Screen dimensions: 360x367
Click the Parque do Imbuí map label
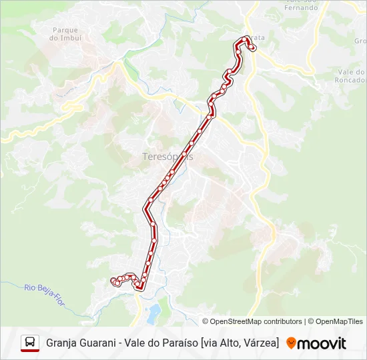[x=65, y=34]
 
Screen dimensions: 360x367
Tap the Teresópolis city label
[x=167, y=157]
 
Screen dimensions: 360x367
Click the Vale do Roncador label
[x=351, y=75]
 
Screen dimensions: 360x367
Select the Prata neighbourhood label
[x=257, y=38]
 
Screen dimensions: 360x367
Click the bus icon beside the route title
[x=30, y=343]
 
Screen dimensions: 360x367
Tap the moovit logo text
[x=322, y=343]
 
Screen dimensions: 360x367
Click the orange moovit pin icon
[x=291, y=343]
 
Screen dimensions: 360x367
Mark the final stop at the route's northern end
[x=252, y=48]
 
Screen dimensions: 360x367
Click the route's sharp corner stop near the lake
[x=140, y=287]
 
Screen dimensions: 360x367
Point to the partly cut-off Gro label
[x=360, y=41]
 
